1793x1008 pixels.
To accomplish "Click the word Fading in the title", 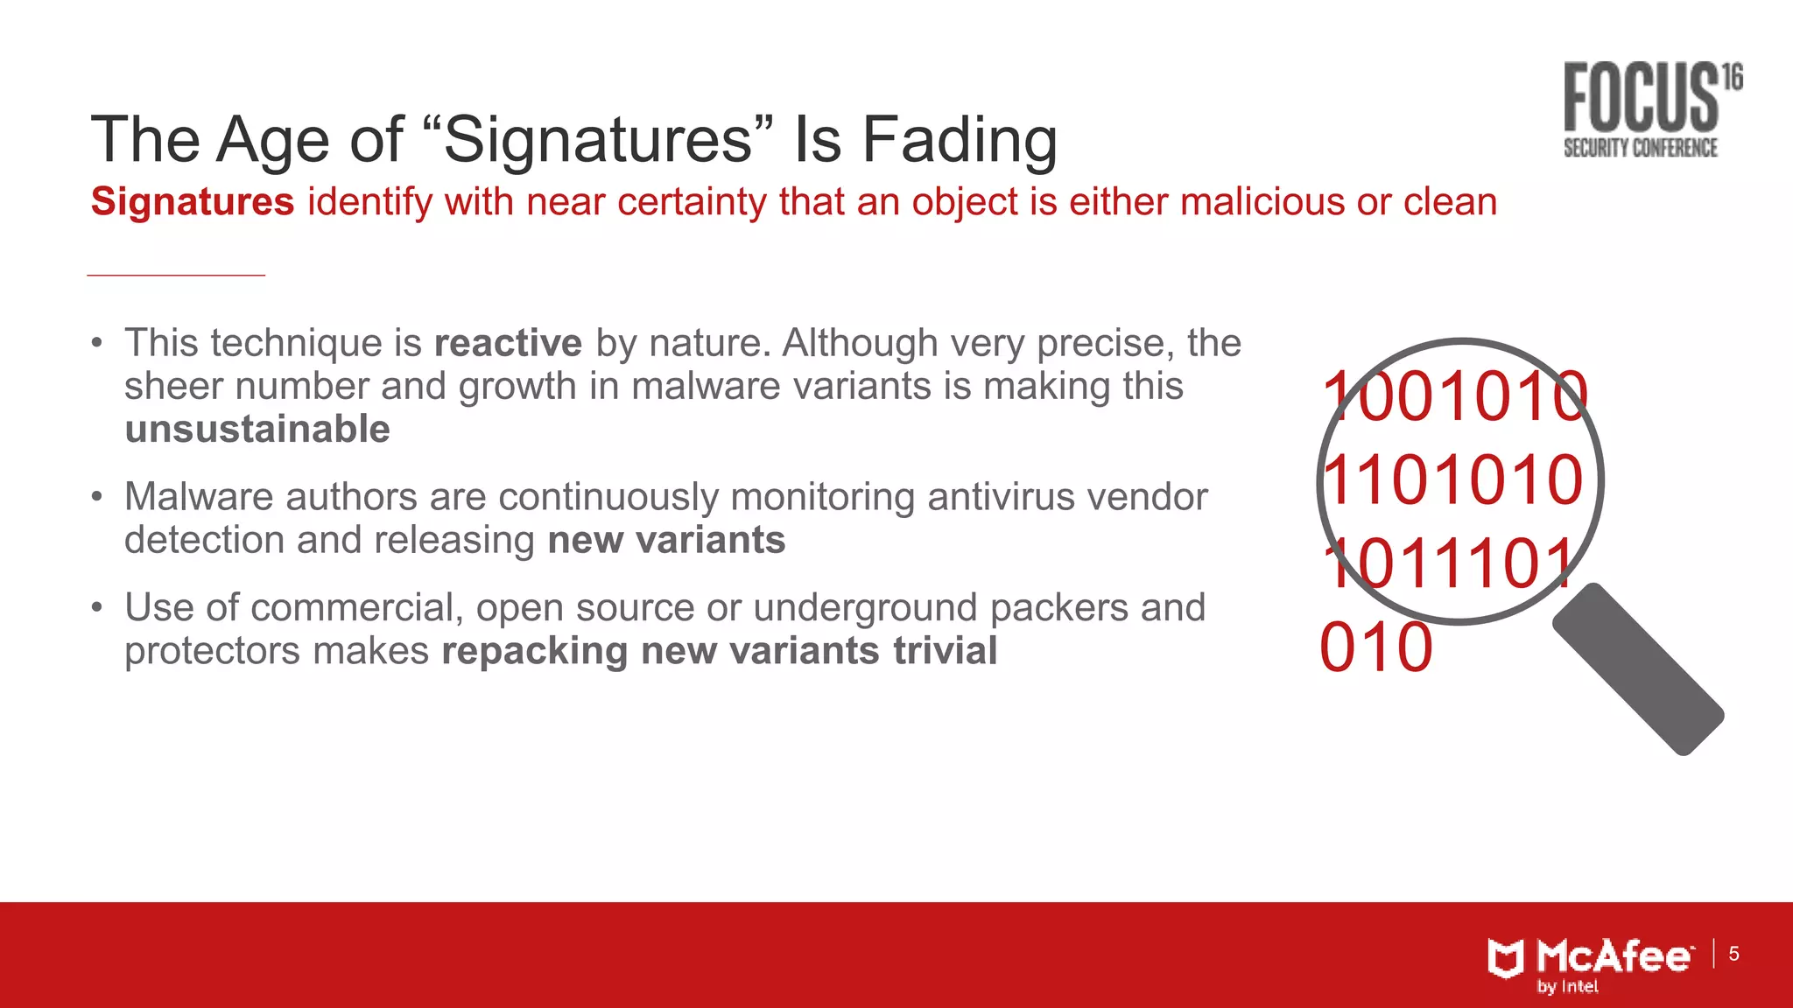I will click(x=960, y=140).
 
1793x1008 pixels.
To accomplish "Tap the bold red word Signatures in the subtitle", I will click(x=193, y=202).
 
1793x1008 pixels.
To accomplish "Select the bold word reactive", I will click(x=508, y=343).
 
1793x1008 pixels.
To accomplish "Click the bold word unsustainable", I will click(x=257, y=430).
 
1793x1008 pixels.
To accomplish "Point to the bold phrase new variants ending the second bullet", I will click(x=666, y=540).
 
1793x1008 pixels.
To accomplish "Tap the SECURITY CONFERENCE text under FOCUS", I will click(x=1640, y=148).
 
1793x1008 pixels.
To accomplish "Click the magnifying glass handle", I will click(x=1638, y=669).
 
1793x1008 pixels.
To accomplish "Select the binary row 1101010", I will click(x=1452, y=480).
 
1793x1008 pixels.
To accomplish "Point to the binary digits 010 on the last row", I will click(x=1375, y=648).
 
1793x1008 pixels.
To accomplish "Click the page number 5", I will click(x=1733, y=954).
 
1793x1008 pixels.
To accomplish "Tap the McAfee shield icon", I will click(x=1506, y=958).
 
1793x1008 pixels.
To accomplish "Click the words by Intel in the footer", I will click(x=1567, y=987).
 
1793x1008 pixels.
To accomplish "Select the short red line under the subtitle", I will click(x=176, y=275).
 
